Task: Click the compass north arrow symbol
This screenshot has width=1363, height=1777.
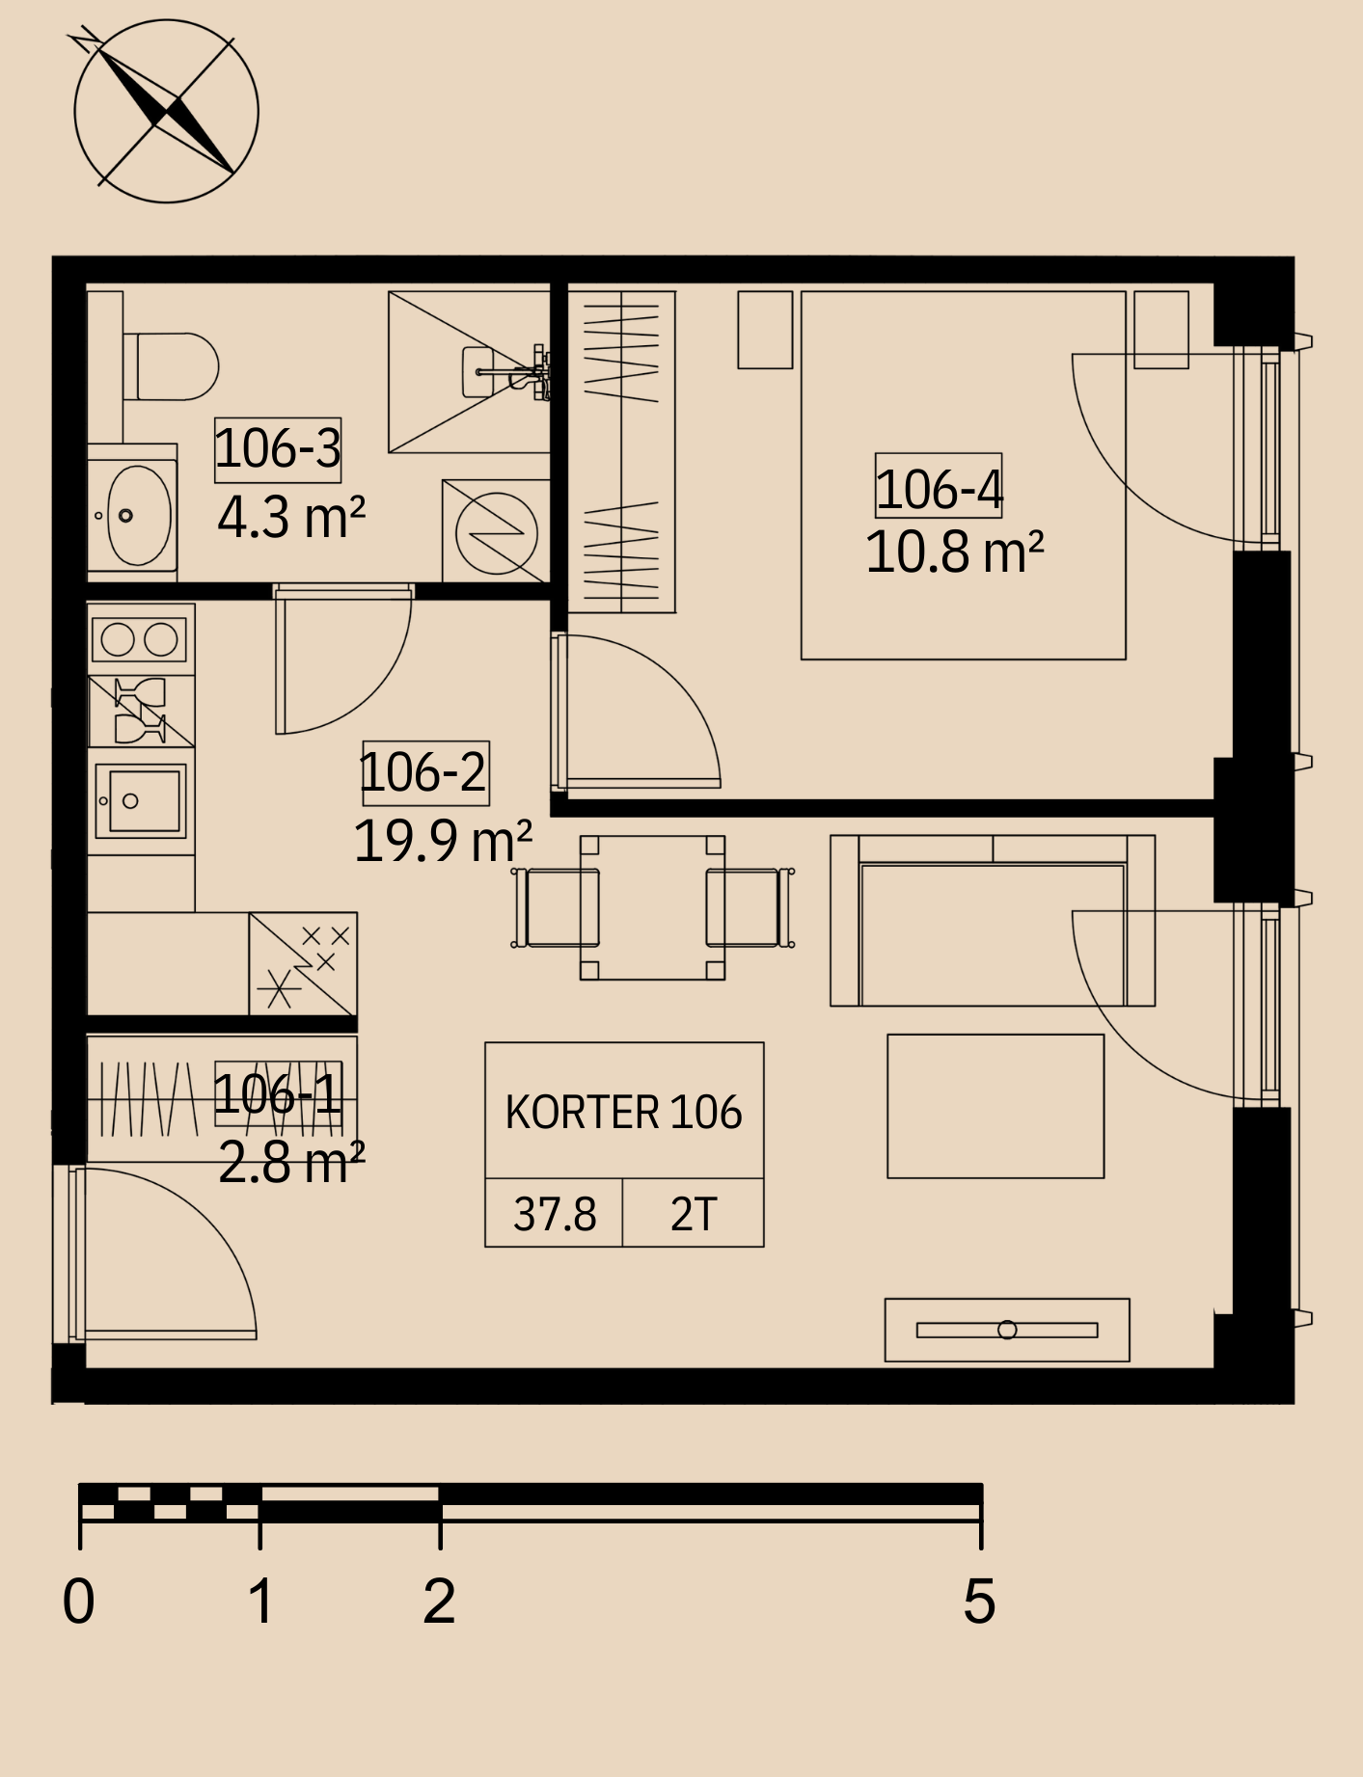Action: (166, 111)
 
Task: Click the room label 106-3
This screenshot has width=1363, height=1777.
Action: (278, 449)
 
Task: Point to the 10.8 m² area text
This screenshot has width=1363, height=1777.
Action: (955, 552)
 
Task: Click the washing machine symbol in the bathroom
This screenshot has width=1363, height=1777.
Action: (496, 531)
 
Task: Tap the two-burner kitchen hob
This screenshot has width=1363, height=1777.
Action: (141, 639)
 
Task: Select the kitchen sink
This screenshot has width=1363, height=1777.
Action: (141, 801)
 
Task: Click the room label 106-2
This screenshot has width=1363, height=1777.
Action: (425, 772)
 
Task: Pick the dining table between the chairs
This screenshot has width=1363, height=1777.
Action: (652, 907)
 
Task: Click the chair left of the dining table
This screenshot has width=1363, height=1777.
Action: (556, 907)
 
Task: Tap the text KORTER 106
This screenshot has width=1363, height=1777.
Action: (624, 1113)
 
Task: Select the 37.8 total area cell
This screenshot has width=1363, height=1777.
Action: (554, 1213)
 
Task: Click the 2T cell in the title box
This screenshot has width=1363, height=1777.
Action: (694, 1213)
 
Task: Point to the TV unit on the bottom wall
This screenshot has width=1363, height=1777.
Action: (1007, 1330)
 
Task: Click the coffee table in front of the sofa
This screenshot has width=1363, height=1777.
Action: (995, 1106)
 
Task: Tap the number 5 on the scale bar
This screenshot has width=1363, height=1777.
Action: (979, 1602)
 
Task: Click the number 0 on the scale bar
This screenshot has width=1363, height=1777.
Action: (79, 1602)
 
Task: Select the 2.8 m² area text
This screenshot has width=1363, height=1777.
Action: (291, 1162)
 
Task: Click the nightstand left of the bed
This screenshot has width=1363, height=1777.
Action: (765, 330)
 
